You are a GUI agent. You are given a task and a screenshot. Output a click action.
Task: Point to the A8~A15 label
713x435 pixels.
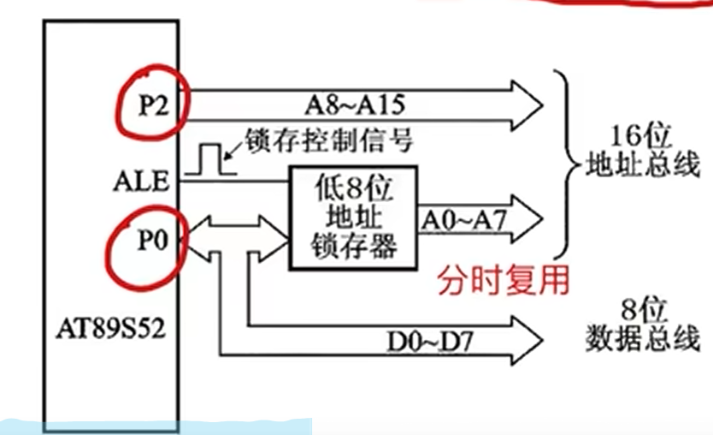pos(354,105)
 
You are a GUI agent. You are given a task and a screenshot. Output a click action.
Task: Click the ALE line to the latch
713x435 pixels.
pos(256,182)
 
